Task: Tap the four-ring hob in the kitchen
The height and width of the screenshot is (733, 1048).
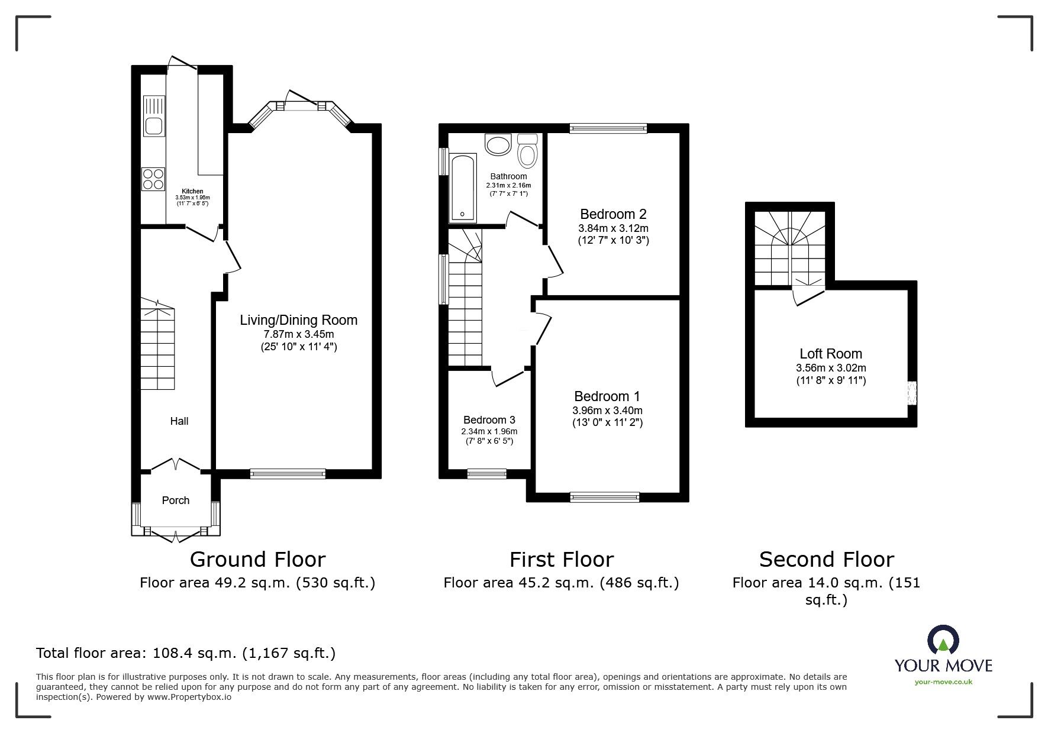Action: coord(153,179)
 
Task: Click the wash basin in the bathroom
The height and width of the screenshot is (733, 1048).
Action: coord(498,145)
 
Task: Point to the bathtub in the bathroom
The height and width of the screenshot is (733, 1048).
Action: coord(462,188)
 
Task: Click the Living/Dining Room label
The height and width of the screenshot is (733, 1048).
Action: coord(298,320)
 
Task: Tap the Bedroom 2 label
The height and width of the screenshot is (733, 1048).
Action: coord(613,214)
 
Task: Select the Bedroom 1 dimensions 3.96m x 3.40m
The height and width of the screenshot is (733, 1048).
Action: coord(607,410)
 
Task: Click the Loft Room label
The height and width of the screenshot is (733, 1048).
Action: coord(830,354)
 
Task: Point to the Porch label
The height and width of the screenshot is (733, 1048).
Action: coord(176,500)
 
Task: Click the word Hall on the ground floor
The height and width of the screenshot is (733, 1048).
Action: coord(179,421)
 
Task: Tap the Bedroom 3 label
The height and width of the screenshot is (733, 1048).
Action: coord(489,420)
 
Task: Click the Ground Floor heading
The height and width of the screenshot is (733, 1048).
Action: coord(257,559)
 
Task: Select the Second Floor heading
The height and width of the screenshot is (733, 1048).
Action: coord(826,559)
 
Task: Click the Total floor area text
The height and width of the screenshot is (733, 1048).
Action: coord(186,653)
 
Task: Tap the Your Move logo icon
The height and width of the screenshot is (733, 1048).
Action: coord(943,641)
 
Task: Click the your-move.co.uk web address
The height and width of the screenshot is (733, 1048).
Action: coord(943,682)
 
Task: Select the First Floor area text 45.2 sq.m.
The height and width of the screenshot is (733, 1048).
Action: coord(561,583)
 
